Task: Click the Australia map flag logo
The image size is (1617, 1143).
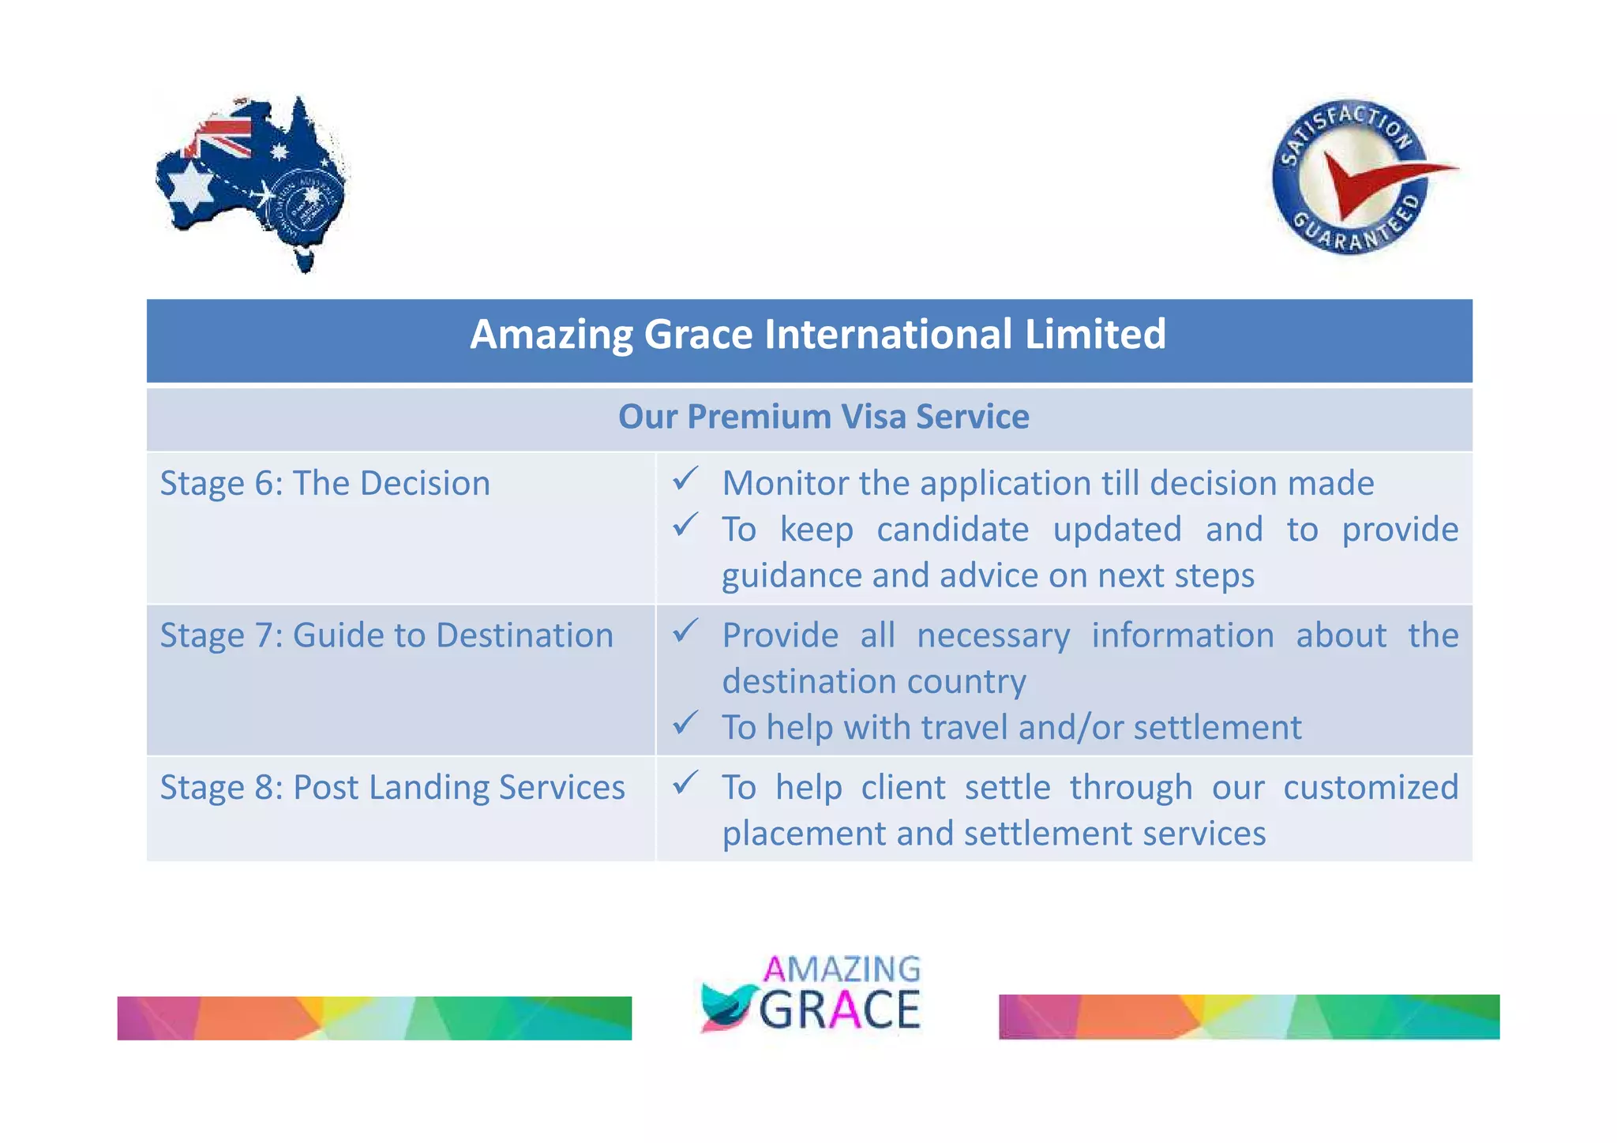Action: (x=251, y=183)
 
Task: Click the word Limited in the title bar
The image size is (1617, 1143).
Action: (x=1095, y=334)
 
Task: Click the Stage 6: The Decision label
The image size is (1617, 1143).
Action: (x=325, y=483)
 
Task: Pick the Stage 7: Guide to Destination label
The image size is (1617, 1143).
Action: (x=387, y=635)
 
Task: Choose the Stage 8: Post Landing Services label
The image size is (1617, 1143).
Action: (x=392, y=788)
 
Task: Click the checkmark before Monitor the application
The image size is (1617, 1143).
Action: (x=685, y=478)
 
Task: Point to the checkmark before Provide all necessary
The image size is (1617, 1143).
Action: (x=685, y=630)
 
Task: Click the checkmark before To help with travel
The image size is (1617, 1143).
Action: (x=685, y=721)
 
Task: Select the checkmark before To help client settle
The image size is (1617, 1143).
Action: (x=685, y=782)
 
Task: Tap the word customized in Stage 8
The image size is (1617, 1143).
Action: (x=1371, y=788)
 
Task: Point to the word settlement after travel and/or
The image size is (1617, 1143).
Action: (x=1217, y=728)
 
